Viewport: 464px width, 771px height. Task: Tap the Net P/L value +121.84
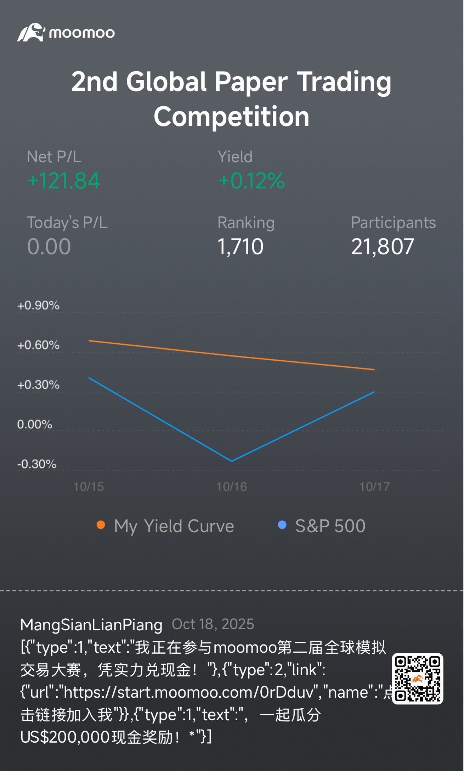pyautogui.click(x=64, y=181)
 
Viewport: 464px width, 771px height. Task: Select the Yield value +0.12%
pyautogui.click(x=251, y=181)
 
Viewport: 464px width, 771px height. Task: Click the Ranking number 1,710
pyautogui.click(x=241, y=247)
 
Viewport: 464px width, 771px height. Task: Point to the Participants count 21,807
pyautogui.click(x=383, y=247)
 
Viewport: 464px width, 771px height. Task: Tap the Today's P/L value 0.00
pyautogui.click(x=49, y=247)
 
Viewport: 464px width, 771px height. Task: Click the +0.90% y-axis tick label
pyautogui.click(x=38, y=305)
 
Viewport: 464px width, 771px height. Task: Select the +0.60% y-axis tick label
pyautogui.click(x=38, y=345)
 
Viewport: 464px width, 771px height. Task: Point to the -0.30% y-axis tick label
pyautogui.click(x=37, y=464)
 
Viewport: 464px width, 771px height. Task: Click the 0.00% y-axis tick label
pyautogui.click(x=35, y=424)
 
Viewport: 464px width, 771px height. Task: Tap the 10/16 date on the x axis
pyautogui.click(x=232, y=487)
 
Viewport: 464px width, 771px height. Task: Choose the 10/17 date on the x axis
pyautogui.click(x=375, y=487)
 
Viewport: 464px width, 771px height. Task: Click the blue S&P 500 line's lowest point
pyautogui.click(x=232, y=461)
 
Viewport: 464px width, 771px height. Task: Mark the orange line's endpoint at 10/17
pyautogui.click(x=374, y=370)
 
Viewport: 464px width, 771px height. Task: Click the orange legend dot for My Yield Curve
pyautogui.click(x=101, y=525)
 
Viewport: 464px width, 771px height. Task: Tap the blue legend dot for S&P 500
pyautogui.click(x=282, y=525)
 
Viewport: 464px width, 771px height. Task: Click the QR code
pyautogui.click(x=418, y=679)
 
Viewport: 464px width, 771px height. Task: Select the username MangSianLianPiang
pyautogui.click(x=91, y=624)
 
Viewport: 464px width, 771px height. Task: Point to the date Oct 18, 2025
pyautogui.click(x=213, y=624)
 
